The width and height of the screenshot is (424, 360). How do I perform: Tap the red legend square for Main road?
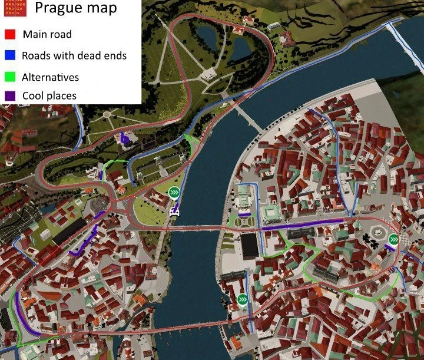(x=9, y=34)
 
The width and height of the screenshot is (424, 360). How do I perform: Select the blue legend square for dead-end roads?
(x=9, y=56)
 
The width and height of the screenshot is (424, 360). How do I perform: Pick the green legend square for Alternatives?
(x=9, y=77)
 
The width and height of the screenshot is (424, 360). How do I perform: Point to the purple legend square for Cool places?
(x=9, y=95)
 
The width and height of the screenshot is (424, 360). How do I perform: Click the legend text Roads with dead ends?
(x=74, y=56)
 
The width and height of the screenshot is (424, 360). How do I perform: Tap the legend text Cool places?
(x=49, y=95)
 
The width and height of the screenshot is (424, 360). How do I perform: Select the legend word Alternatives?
(x=50, y=77)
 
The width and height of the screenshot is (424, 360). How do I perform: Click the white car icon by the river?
(x=174, y=211)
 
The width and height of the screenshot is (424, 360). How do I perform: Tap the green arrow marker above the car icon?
(x=174, y=193)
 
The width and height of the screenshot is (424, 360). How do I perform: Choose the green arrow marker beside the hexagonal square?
(x=393, y=239)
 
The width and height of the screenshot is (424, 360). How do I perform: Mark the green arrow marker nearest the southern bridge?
(x=243, y=299)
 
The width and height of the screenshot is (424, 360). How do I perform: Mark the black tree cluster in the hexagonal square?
(x=370, y=239)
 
